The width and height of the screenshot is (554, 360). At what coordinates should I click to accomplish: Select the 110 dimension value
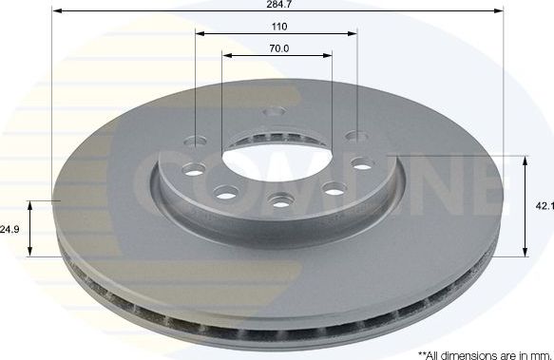coord(277,26)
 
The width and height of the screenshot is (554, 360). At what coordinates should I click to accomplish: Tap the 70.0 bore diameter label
coord(277,47)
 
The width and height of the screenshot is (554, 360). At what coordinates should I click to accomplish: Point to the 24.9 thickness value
coord(10,229)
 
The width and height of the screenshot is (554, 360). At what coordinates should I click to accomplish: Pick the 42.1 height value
coord(544,204)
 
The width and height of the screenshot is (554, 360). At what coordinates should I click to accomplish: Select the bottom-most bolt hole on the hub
coord(279,200)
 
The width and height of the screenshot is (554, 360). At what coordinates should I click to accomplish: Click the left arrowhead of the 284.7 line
coord(50,12)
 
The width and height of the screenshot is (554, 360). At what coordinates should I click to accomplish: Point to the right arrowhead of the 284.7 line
coord(499,12)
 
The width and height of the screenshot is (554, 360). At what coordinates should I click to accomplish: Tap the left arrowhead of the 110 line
coord(200,33)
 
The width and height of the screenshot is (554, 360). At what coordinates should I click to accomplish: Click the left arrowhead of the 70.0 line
coord(226,54)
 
